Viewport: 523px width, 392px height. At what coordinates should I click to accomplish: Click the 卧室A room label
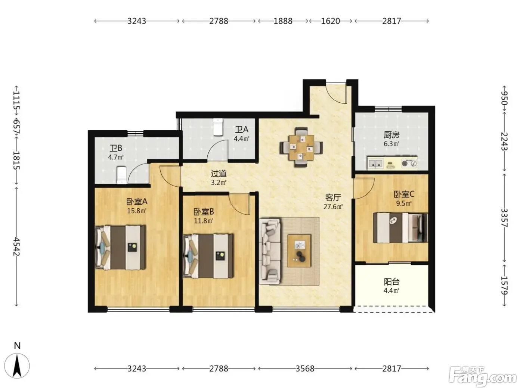click(137, 202)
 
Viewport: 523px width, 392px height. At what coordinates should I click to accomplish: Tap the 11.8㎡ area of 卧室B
click(204, 221)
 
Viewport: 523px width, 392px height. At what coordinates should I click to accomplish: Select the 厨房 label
click(392, 135)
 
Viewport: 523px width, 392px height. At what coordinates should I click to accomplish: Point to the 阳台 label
click(392, 282)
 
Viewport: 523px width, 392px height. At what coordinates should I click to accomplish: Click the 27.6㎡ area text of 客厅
click(333, 206)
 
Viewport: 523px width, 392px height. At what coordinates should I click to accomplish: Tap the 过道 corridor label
click(219, 174)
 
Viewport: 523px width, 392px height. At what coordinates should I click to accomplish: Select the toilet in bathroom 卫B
click(122, 175)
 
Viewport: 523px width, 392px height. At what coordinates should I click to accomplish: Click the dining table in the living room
click(301, 147)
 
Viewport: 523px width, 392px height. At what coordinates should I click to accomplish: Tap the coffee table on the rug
click(299, 251)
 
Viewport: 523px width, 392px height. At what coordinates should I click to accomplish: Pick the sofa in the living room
click(270, 252)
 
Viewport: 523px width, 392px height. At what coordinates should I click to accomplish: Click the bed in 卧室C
click(400, 228)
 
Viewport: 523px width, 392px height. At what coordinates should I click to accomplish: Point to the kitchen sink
click(375, 163)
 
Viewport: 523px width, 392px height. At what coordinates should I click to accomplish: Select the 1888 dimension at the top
click(283, 21)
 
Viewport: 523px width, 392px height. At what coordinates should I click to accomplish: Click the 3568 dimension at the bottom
click(305, 369)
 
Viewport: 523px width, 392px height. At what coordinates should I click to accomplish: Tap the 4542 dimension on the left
click(16, 246)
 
